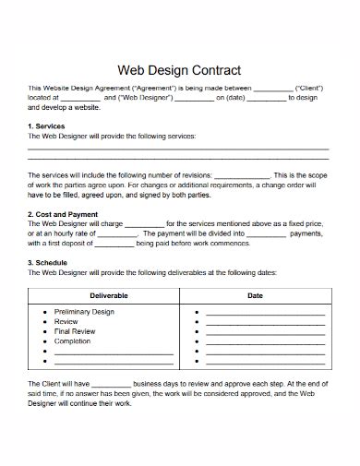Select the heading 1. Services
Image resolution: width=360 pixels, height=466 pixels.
(46, 125)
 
